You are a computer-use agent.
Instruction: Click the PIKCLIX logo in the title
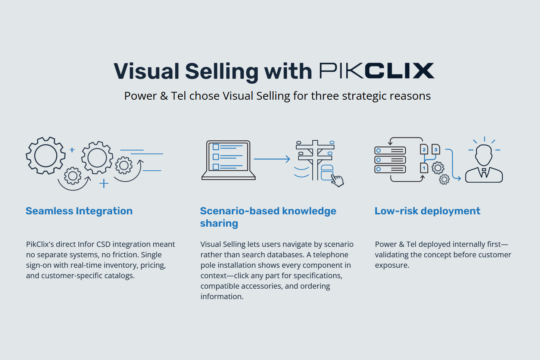(x=377, y=71)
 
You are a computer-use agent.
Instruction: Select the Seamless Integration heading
(x=79, y=211)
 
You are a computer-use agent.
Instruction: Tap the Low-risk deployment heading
(x=427, y=211)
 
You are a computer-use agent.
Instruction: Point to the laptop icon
(x=228, y=160)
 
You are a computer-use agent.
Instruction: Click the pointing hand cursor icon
(x=338, y=181)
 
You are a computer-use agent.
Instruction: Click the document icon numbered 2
(x=424, y=149)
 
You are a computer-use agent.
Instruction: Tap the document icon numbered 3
(x=436, y=149)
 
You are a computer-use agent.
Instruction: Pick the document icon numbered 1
(x=424, y=168)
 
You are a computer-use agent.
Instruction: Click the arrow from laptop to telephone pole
(x=272, y=159)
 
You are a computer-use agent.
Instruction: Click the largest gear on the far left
(x=46, y=155)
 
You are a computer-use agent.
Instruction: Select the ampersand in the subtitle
(x=164, y=96)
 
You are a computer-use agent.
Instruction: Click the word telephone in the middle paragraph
(x=330, y=255)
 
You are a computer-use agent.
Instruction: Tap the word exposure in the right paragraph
(x=392, y=265)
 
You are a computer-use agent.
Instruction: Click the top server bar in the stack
(x=390, y=150)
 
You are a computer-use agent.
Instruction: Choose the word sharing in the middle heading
(x=219, y=223)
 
